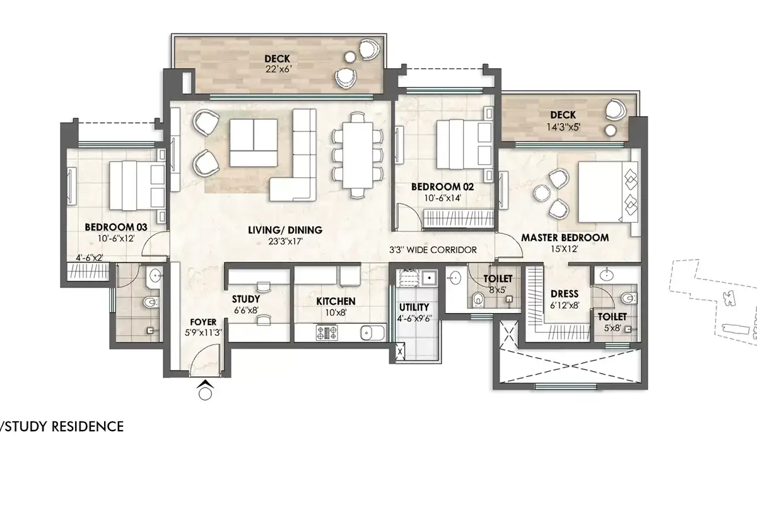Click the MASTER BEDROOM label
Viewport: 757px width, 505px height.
pyautogui.click(x=565, y=238)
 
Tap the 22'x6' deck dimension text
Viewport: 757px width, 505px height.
pyautogui.click(x=278, y=69)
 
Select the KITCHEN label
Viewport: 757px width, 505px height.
pyautogui.click(x=336, y=301)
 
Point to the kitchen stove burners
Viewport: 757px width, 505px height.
pyautogui.click(x=327, y=332)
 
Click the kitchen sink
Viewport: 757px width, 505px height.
pyautogui.click(x=372, y=333)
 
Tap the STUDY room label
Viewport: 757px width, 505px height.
pyautogui.click(x=246, y=299)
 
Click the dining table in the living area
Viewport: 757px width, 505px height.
pyautogui.click(x=357, y=155)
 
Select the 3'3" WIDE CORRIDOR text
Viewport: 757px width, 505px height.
pyautogui.click(x=433, y=250)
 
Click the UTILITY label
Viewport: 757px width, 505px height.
pyautogui.click(x=414, y=307)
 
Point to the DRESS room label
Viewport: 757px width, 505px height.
pyautogui.click(x=565, y=294)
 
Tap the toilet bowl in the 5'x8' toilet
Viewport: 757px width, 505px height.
pyautogui.click(x=627, y=298)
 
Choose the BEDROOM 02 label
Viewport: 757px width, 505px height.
pyautogui.click(x=442, y=187)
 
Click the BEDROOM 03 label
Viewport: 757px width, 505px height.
pyautogui.click(x=116, y=227)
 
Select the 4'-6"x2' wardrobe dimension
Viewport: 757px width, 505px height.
pyautogui.click(x=89, y=258)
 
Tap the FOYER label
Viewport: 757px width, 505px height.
pyautogui.click(x=203, y=322)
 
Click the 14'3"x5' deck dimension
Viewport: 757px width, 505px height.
pyautogui.click(x=563, y=127)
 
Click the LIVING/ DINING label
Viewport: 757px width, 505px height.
pyautogui.click(x=285, y=230)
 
